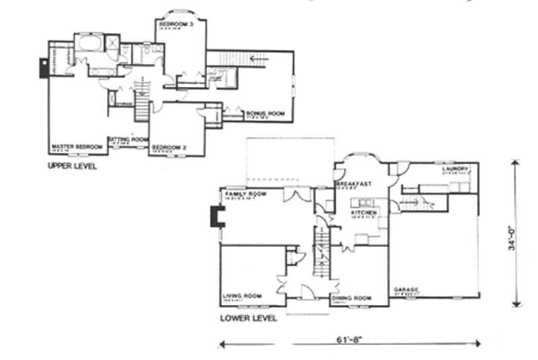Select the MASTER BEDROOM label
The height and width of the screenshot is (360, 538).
pos(77,146)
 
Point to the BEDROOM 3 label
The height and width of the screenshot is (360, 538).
pos(174,24)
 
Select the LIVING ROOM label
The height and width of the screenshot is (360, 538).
pos(241,296)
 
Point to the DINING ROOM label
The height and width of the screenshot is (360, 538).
pos(351,297)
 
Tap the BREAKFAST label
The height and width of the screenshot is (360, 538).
pos(350,184)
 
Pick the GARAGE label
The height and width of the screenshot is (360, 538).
pos(407,289)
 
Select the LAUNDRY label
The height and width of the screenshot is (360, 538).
pos(455,168)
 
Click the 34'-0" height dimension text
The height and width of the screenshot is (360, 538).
pos(512,236)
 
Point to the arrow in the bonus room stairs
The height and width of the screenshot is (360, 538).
pos(257,59)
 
